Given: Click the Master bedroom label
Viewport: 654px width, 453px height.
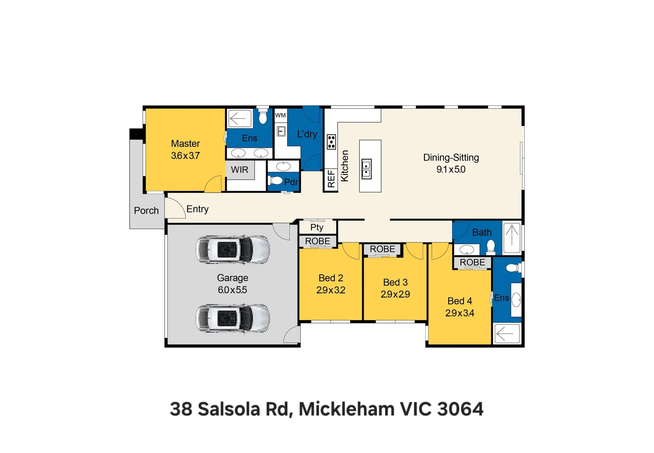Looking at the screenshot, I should [x=185, y=144].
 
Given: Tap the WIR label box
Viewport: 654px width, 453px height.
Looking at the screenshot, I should [x=240, y=170].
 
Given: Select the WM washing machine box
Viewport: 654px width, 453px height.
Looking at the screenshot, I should [x=280, y=115].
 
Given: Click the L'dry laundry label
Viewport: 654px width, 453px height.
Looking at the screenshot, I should [x=307, y=134].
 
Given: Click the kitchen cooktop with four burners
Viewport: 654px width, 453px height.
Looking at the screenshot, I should [x=331, y=142].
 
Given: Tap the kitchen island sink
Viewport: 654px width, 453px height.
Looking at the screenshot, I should [x=366, y=169].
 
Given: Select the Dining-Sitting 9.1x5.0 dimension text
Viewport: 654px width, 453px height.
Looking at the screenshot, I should [x=451, y=169].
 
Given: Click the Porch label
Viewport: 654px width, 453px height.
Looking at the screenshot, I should [x=146, y=211].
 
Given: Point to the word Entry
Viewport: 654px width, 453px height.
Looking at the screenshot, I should [x=197, y=209].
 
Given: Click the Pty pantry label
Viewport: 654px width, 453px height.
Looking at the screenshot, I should [x=317, y=227].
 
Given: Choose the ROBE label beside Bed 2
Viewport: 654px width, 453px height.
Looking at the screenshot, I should [x=317, y=241].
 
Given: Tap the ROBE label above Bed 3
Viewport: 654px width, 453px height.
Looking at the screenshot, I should [x=382, y=249].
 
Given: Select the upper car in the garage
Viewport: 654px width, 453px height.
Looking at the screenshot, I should [x=233, y=250].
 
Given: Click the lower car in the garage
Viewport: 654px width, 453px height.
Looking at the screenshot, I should [x=233, y=318].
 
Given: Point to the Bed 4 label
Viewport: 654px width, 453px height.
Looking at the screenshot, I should [x=460, y=301].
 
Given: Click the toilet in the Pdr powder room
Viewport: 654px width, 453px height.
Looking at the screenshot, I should [x=276, y=181].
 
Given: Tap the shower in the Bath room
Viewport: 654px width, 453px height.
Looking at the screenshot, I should [x=512, y=237].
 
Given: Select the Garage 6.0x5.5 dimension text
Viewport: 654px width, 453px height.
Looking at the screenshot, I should [x=232, y=290].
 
